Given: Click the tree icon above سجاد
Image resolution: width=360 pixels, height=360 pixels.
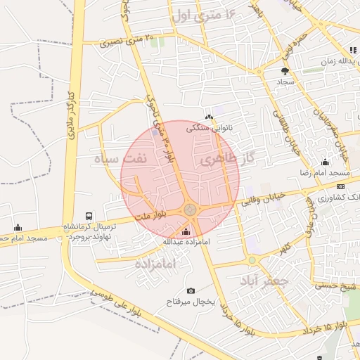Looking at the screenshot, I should [285, 71].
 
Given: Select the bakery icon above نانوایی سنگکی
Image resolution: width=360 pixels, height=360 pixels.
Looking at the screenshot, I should [208, 117].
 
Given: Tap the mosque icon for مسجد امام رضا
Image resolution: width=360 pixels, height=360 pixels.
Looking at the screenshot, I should [324, 162].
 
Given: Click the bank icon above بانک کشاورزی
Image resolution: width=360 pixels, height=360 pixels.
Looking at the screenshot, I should [340, 187].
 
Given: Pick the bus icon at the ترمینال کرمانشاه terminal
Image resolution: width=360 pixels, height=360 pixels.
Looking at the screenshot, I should [89, 217].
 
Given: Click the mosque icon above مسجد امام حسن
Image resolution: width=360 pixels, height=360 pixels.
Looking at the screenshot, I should [18, 227].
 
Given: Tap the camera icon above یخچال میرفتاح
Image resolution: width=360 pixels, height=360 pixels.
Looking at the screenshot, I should [191, 290].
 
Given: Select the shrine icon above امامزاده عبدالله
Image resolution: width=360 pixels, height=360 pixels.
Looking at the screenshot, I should [186, 231].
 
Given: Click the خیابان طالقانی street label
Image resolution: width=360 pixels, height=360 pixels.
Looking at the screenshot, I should [295, 133].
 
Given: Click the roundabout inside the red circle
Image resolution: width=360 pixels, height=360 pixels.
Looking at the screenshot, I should [191, 210].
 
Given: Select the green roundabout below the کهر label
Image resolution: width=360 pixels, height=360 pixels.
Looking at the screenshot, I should [252, 260].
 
